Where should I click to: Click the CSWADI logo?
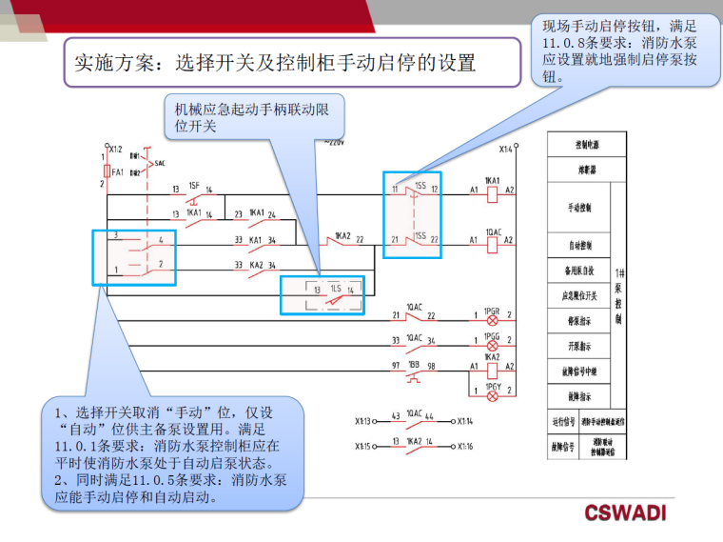pos(625,512)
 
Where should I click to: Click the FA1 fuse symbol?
pos(104,171)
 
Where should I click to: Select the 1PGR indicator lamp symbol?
pos(493,315)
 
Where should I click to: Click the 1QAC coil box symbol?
pos(493,240)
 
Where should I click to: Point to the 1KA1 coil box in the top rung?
pos(493,190)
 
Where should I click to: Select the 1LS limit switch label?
pos(336,288)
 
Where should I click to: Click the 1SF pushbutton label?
pos(194,184)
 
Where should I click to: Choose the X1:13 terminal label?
pos(364,419)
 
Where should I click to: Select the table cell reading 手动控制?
pos(579,207)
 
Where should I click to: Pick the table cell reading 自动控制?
pos(579,245)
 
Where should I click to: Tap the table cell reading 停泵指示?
pos(579,321)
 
